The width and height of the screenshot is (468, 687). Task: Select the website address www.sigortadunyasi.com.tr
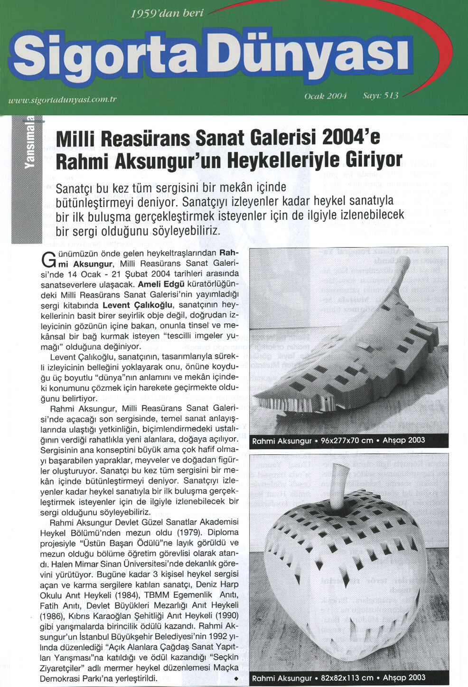tap(62, 100)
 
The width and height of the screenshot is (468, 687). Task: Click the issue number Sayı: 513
tap(380, 95)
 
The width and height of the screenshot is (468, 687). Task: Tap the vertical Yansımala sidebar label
tap(29, 142)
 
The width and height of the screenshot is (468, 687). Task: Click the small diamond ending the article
tap(236, 679)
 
